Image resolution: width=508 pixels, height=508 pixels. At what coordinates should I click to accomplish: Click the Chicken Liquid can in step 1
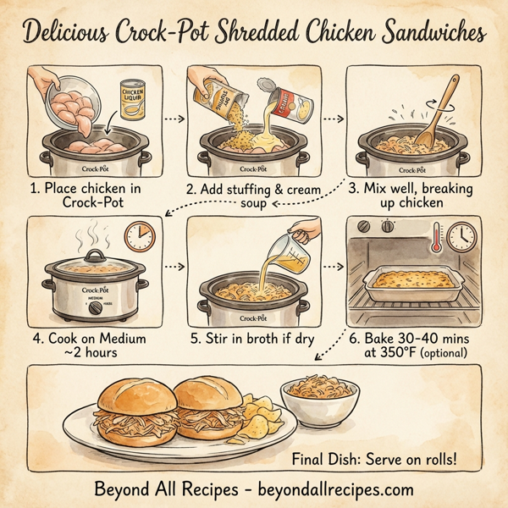pyautogui.click(x=133, y=100)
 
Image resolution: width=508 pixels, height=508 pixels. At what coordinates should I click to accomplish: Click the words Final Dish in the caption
pyautogui.click(x=333, y=460)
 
